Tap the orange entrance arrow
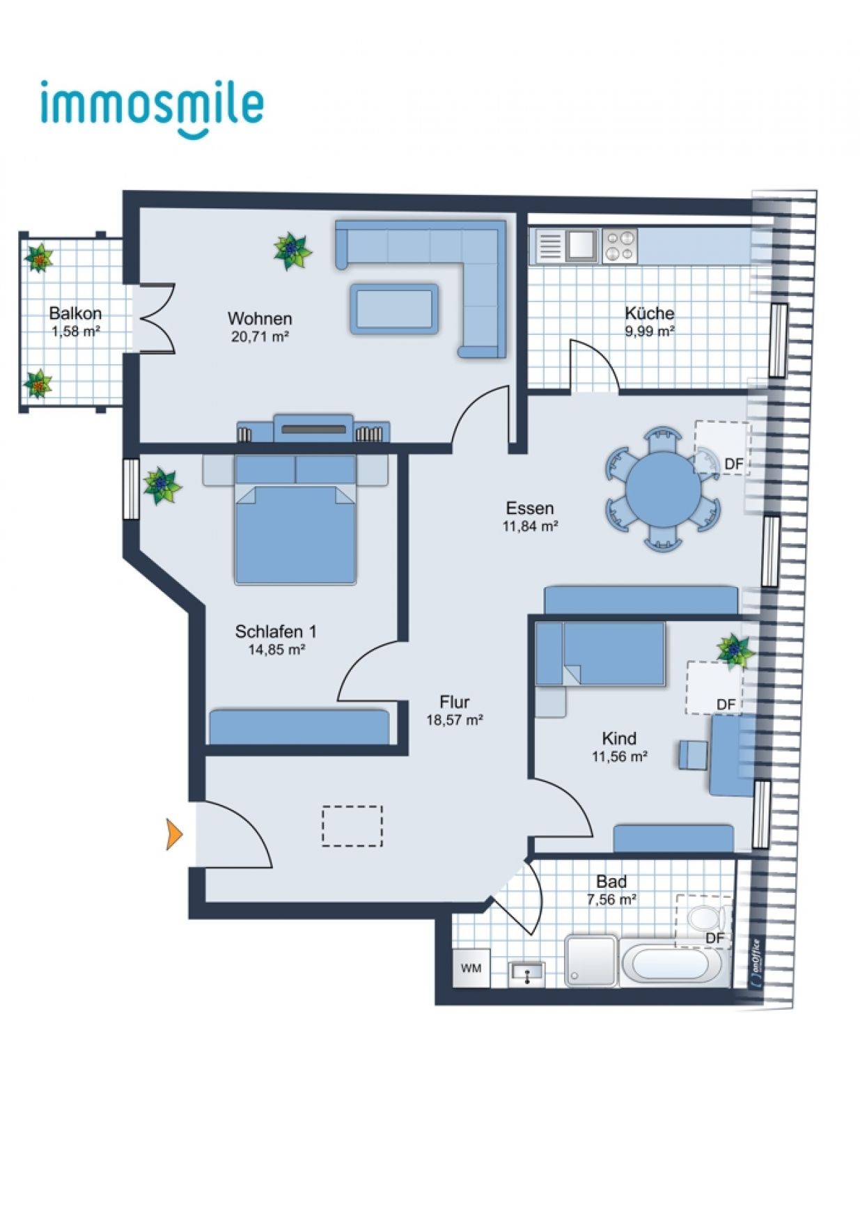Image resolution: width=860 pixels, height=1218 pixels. pyautogui.click(x=174, y=834)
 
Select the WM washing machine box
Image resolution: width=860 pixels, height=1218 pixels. pyautogui.click(x=471, y=967)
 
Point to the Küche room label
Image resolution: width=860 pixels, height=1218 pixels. pyautogui.click(x=649, y=313)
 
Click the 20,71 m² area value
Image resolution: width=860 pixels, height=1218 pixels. pyautogui.click(x=260, y=337)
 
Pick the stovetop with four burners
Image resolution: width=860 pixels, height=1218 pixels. pyautogui.click(x=619, y=245)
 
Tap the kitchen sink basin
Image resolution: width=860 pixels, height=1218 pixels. pyautogui.click(x=582, y=245)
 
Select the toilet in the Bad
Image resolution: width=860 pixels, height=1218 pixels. pyautogui.click(x=709, y=917)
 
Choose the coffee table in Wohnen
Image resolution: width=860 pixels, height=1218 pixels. pyautogui.click(x=394, y=309)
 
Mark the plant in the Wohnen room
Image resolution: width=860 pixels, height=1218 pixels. pyautogui.click(x=292, y=251)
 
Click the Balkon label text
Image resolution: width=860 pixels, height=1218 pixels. pyautogui.click(x=75, y=313)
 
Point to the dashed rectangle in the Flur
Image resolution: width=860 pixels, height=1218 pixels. pyautogui.click(x=352, y=826)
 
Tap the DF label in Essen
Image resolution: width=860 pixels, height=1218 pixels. pyautogui.click(x=734, y=464)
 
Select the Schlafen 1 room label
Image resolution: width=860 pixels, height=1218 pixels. pyautogui.click(x=276, y=632)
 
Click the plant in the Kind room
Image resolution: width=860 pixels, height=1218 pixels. pyautogui.click(x=736, y=651)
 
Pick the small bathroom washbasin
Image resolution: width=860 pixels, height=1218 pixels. pyautogui.click(x=527, y=972)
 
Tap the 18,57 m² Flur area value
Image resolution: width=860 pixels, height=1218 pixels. pyautogui.click(x=455, y=720)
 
